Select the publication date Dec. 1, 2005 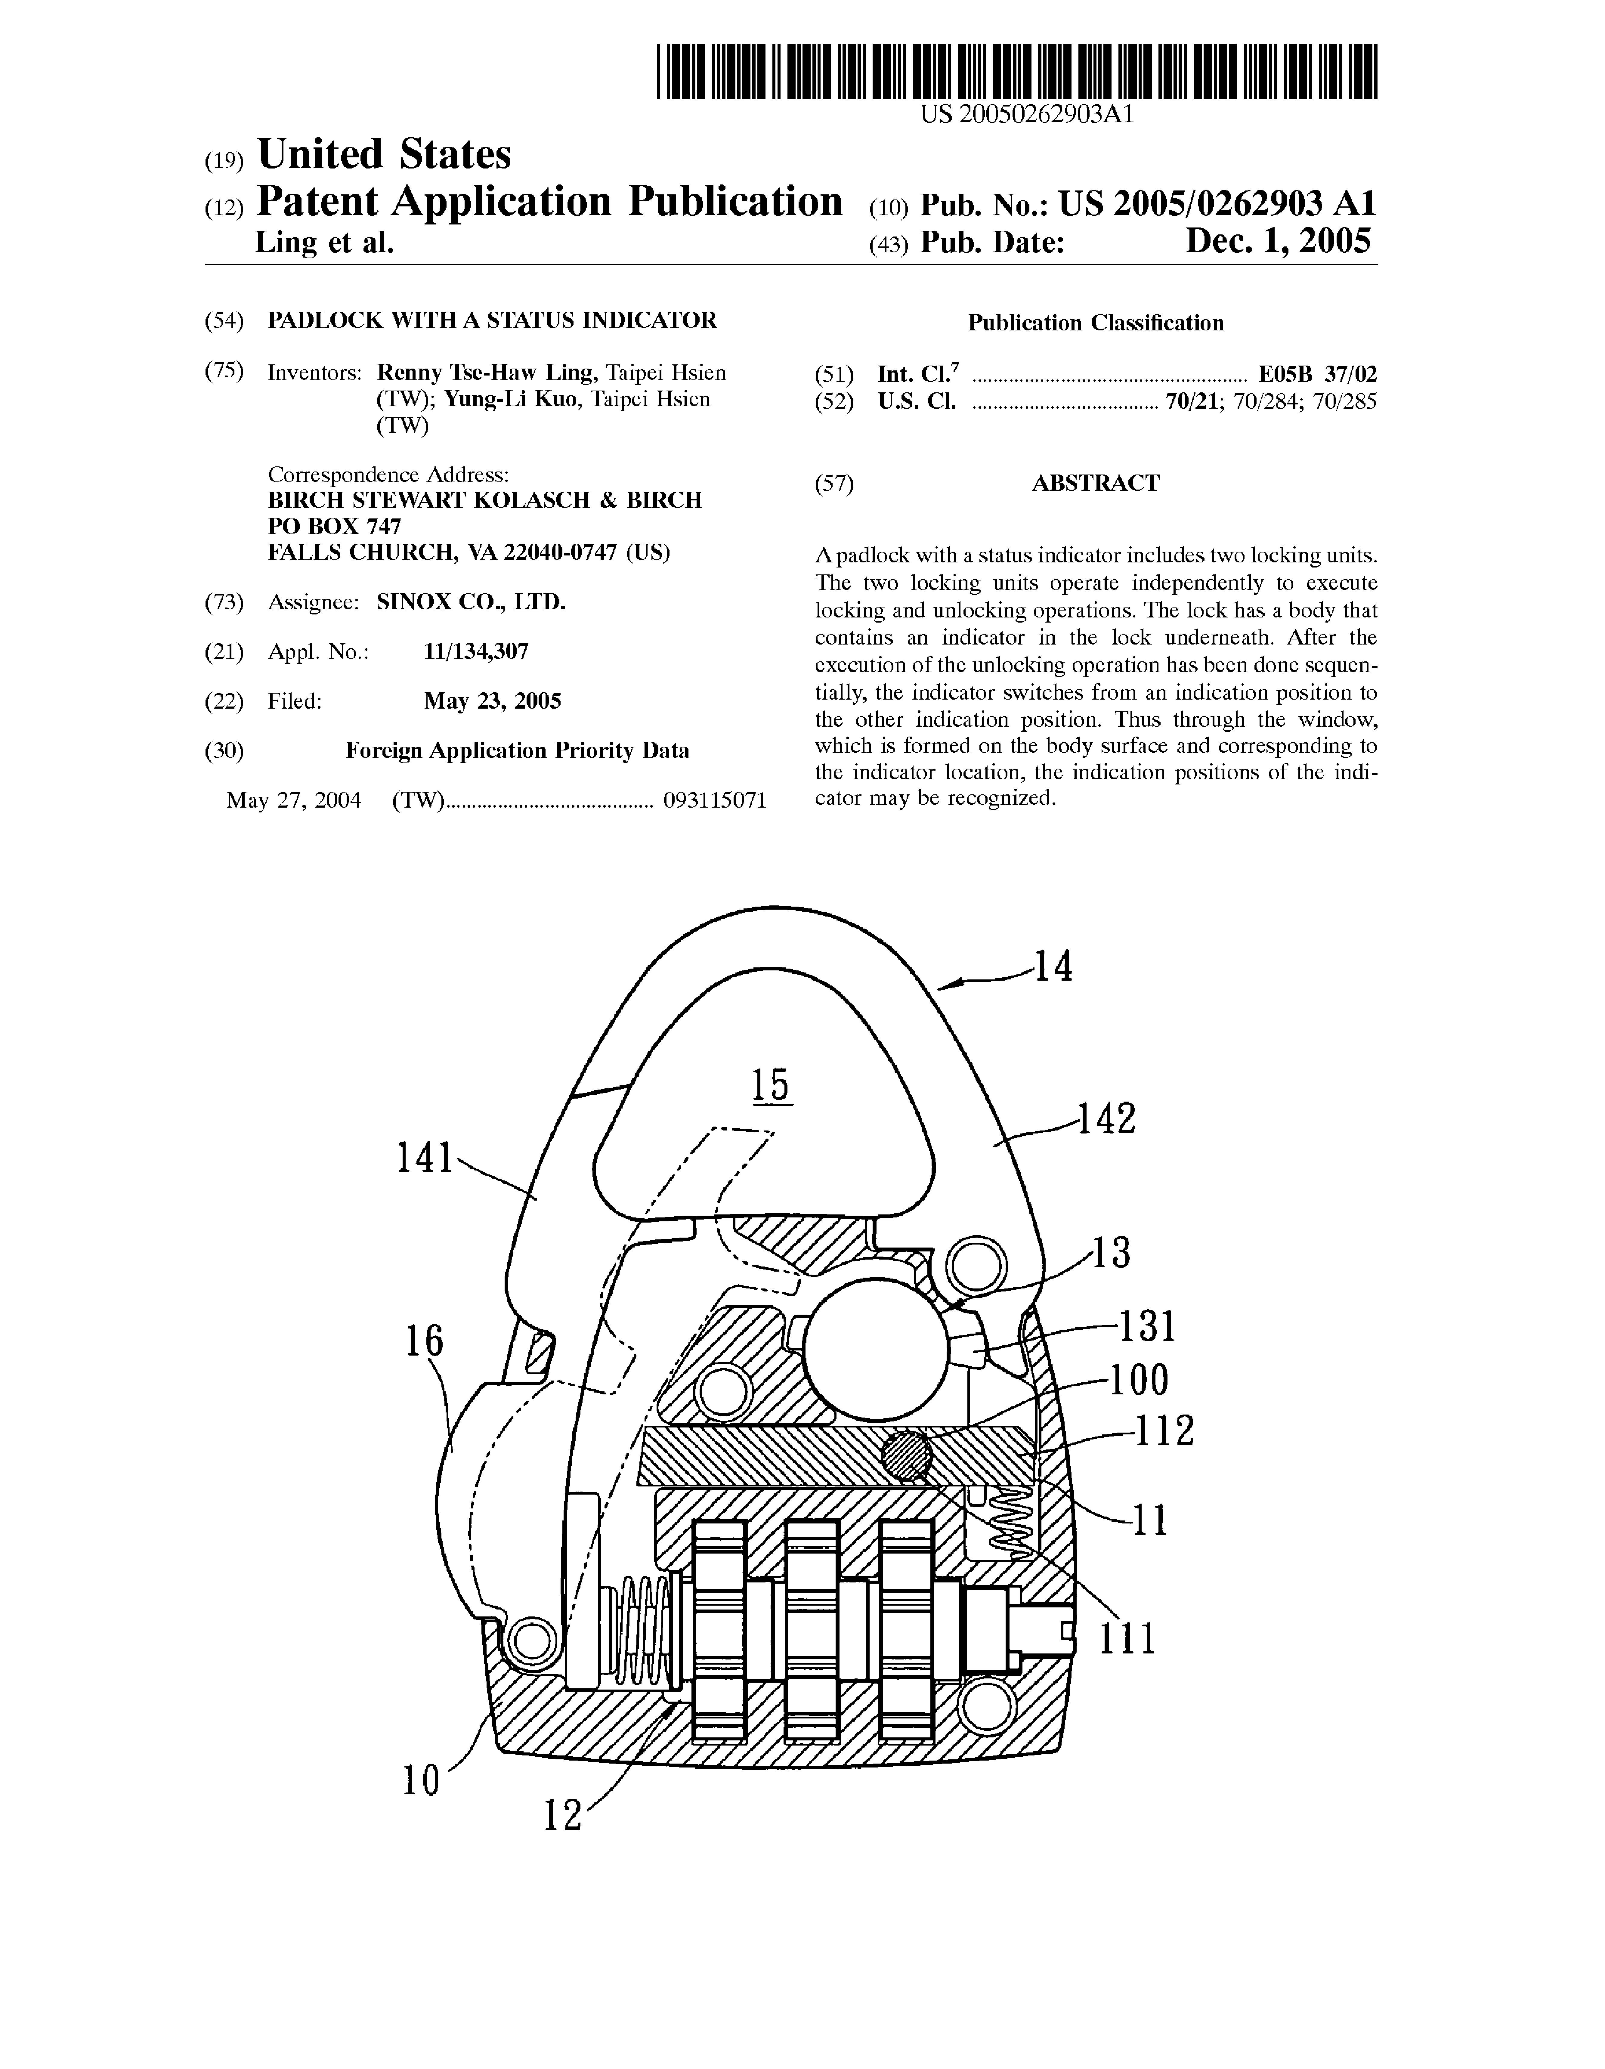coord(1277,242)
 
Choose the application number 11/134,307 coord(476,652)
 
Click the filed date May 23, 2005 coord(492,701)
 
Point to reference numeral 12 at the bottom coord(562,1815)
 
